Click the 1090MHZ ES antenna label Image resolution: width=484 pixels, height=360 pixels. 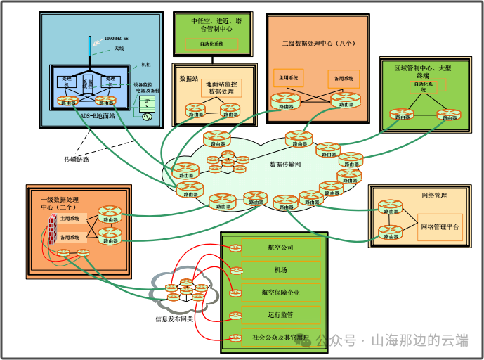tap(115, 39)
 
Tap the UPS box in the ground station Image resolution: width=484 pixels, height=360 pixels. tap(148, 103)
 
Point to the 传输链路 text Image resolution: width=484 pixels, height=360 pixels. tap(77, 159)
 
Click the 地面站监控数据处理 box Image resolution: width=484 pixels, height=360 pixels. tap(221, 88)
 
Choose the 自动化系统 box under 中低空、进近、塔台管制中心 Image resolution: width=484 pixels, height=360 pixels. tap(211, 44)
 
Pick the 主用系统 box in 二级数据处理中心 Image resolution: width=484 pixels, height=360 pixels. tap(289, 77)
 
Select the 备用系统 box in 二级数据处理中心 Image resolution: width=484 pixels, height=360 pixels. tap(344, 77)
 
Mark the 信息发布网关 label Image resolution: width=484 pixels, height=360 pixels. tap(174, 319)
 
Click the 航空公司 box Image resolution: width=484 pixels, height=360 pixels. tap(280, 247)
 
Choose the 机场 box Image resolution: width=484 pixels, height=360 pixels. tap(280, 270)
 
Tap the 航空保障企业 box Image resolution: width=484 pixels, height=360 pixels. tap(280, 292)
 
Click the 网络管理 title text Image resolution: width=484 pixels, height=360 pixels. tap(434, 195)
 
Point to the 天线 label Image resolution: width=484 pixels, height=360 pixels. tap(119, 49)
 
